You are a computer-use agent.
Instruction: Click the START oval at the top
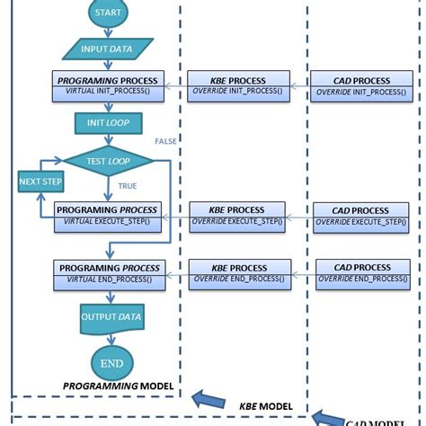tap(108, 13)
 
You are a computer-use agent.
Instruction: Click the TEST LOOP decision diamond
tap(108, 161)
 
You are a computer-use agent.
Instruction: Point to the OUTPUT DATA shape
tap(110, 317)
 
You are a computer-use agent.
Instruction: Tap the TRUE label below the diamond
tap(128, 186)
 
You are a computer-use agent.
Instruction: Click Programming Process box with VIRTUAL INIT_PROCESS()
tap(108, 86)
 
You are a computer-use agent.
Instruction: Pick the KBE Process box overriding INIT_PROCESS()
tap(239, 86)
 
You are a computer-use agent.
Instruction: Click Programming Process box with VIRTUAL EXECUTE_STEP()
tap(108, 215)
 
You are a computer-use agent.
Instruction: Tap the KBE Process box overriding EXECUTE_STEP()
tap(239, 216)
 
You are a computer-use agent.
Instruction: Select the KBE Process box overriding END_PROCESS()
tap(239, 273)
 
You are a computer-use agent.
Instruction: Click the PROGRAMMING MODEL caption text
tap(118, 386)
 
